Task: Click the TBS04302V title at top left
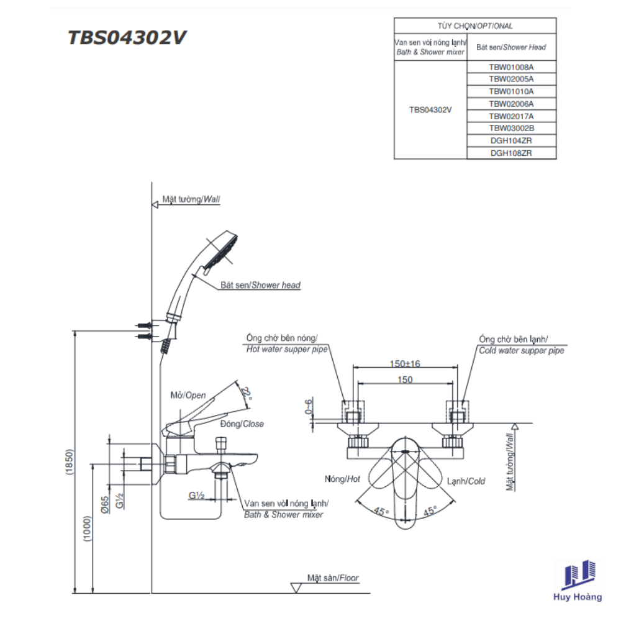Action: [x=127, y=39]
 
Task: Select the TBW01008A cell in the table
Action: [x=511, y=66]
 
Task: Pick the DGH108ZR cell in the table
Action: [x=511, y=153]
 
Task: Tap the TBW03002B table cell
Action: [x=511, y=128]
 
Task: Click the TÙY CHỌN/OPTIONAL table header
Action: [x=475, y=26]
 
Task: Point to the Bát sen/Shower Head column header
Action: [x=511, y=47]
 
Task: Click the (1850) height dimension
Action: [x=70, y=463]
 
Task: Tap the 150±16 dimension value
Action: [x=405, y=363]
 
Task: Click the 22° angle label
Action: [x=247, y=394]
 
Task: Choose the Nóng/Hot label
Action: [x=342, y=479]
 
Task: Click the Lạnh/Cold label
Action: [x=466, y=481]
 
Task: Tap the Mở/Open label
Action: [x=188, y=395]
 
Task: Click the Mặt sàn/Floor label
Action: [x=333, y=578]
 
